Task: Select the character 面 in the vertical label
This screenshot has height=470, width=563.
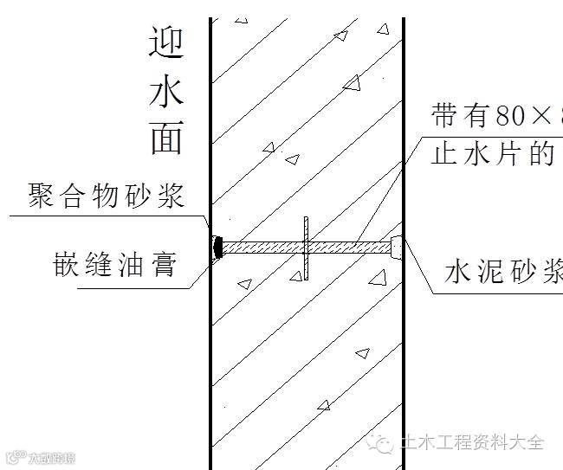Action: pos(166,137)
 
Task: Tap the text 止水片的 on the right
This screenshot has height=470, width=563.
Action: pos(493,154)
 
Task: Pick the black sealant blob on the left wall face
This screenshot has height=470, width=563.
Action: pos(217,248)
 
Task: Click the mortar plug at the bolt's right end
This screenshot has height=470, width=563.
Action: pos(397,248)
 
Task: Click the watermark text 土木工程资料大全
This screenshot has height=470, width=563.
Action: pos(472,444)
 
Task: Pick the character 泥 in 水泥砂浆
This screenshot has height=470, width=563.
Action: pos(492,272)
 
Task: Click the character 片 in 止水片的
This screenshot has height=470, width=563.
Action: pos(511,154)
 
